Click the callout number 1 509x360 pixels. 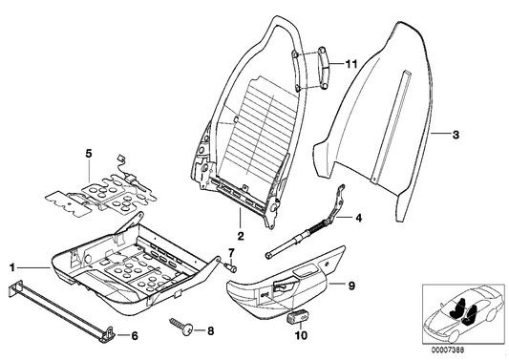pyautogui.click(x=13, y=268)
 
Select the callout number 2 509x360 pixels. pyautogui.click(x=241, y=234)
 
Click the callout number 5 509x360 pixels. pyautogui.click(x=88, y=152)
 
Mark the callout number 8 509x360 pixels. pyautogui.click(x=211, y=329)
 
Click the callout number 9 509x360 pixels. pyautogui.click(x=350, y=284)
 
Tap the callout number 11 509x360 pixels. pyautogui.click(x=351, y=64)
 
